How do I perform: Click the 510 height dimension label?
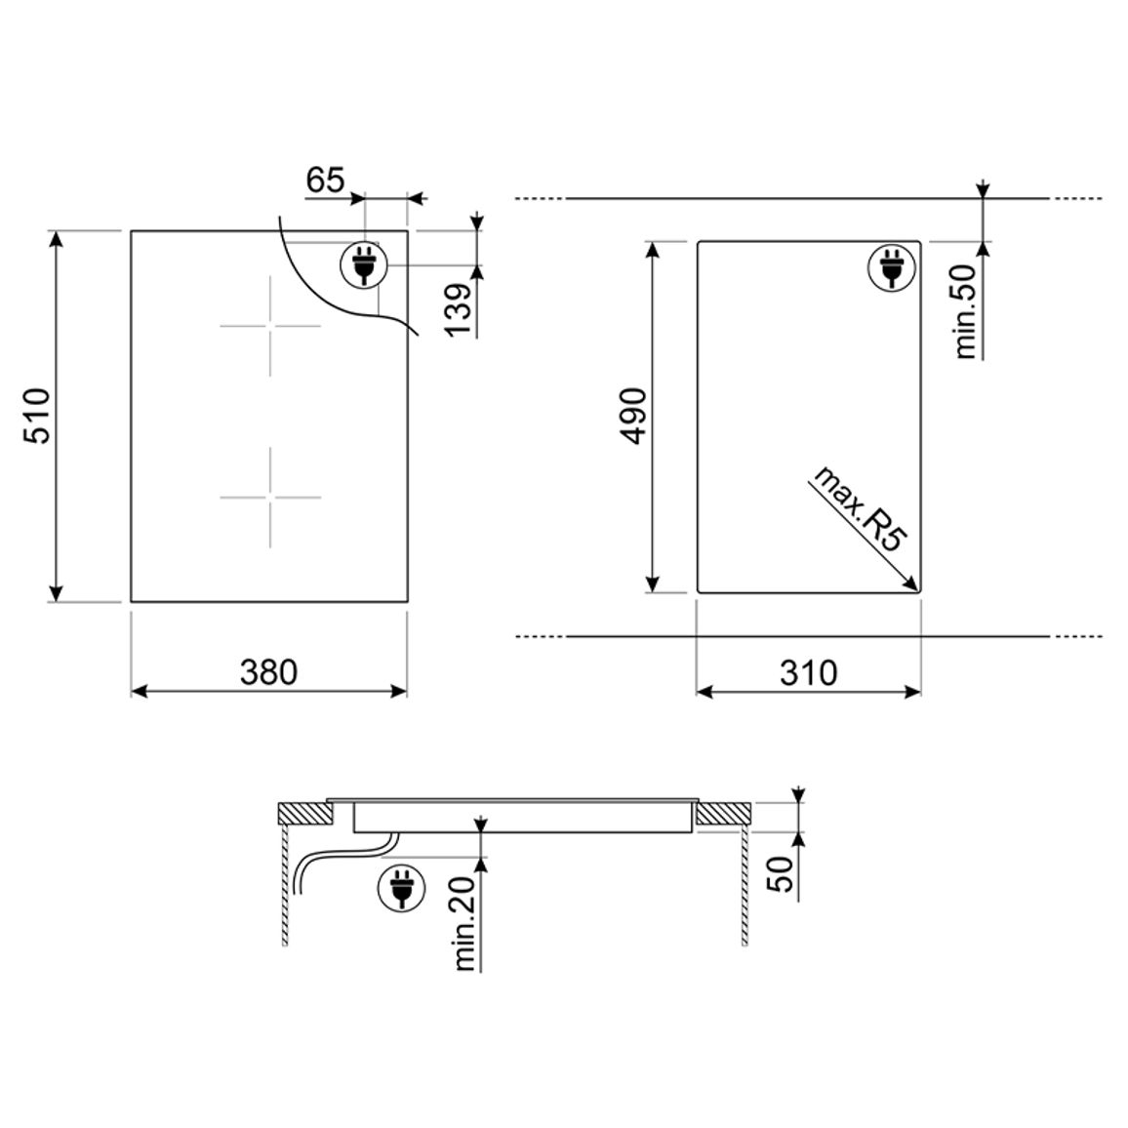(x=37, y=416)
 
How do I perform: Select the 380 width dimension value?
(x=268, y=672)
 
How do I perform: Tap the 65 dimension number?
(x=325, y=180)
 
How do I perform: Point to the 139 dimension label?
(x=459, y=309)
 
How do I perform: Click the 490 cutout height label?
(x=634, y=416)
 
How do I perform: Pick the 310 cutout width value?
(x=809, y=672)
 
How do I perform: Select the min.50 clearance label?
(x=965, y=310)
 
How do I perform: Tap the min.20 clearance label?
(x=464, y=924)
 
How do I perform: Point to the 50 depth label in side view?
(x=782, y=873)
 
